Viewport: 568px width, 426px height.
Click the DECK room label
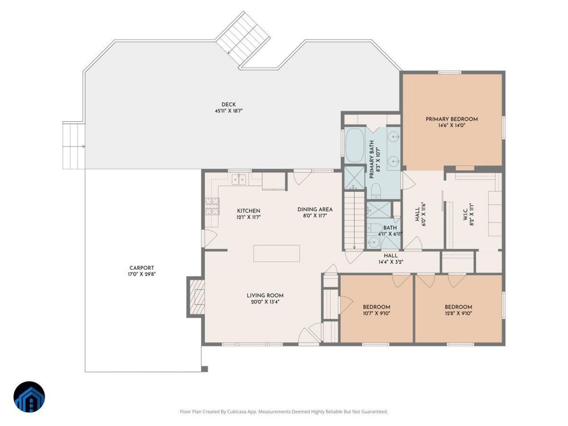click(229, 105)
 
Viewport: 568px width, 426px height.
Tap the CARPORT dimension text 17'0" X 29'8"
click(142, 274)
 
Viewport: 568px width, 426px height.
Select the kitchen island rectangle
click(276, 253)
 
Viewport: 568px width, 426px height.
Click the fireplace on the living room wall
click(197, 297)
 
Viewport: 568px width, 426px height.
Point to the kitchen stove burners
click(212, 206)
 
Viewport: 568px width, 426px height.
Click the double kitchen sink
click(239, 179)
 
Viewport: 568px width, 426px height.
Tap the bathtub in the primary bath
click(355, 146)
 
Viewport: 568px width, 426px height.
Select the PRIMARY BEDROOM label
click(452, 119)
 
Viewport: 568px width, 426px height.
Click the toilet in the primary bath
click(375, 191)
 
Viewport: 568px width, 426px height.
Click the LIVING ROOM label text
click(265, 296)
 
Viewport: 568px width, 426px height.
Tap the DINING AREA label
click(315, 209)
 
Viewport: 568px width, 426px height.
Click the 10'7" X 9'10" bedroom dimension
click(376, 313)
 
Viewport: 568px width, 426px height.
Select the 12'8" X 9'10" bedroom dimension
click(458, 313)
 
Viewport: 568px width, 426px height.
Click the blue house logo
click(29, 397)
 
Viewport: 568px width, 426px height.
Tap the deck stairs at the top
click(243, 39)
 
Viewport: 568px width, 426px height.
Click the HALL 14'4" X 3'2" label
click(391, 259)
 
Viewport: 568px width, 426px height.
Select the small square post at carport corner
click(205, 369)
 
